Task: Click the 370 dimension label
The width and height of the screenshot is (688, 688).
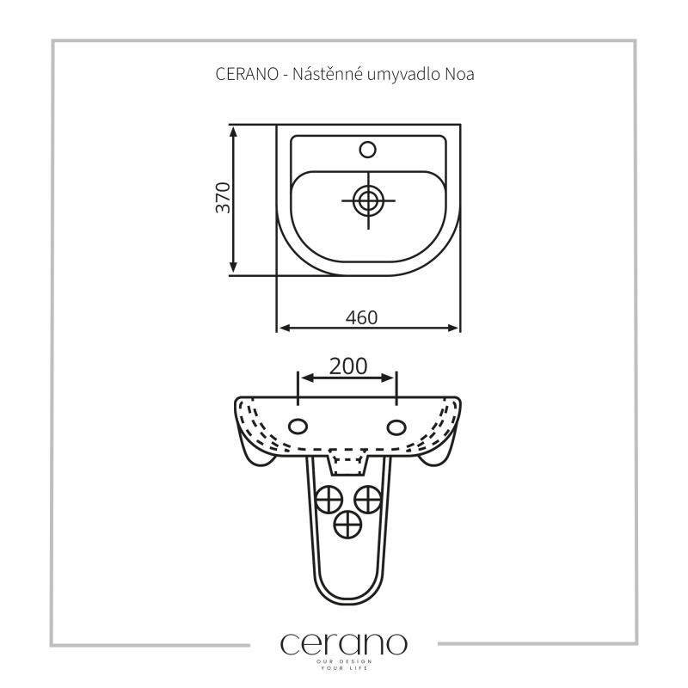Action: (x=224, y=198)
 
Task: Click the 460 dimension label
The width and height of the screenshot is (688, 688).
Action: (x=361, y=317)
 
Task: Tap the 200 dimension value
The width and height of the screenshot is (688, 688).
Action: (x=348, y=366)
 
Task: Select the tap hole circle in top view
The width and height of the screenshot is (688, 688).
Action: (x=368, y=150)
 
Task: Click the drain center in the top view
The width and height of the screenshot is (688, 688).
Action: (x=368, y=201)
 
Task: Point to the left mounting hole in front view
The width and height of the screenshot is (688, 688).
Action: (x=298, y=426)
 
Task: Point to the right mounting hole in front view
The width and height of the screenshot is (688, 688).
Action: (x=396, y=427)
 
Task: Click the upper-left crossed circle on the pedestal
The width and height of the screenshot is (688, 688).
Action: (x=329, y=499)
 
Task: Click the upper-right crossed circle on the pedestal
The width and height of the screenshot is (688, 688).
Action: (x=368, y=499)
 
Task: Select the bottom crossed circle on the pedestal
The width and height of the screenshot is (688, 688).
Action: (x=348, y=525)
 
